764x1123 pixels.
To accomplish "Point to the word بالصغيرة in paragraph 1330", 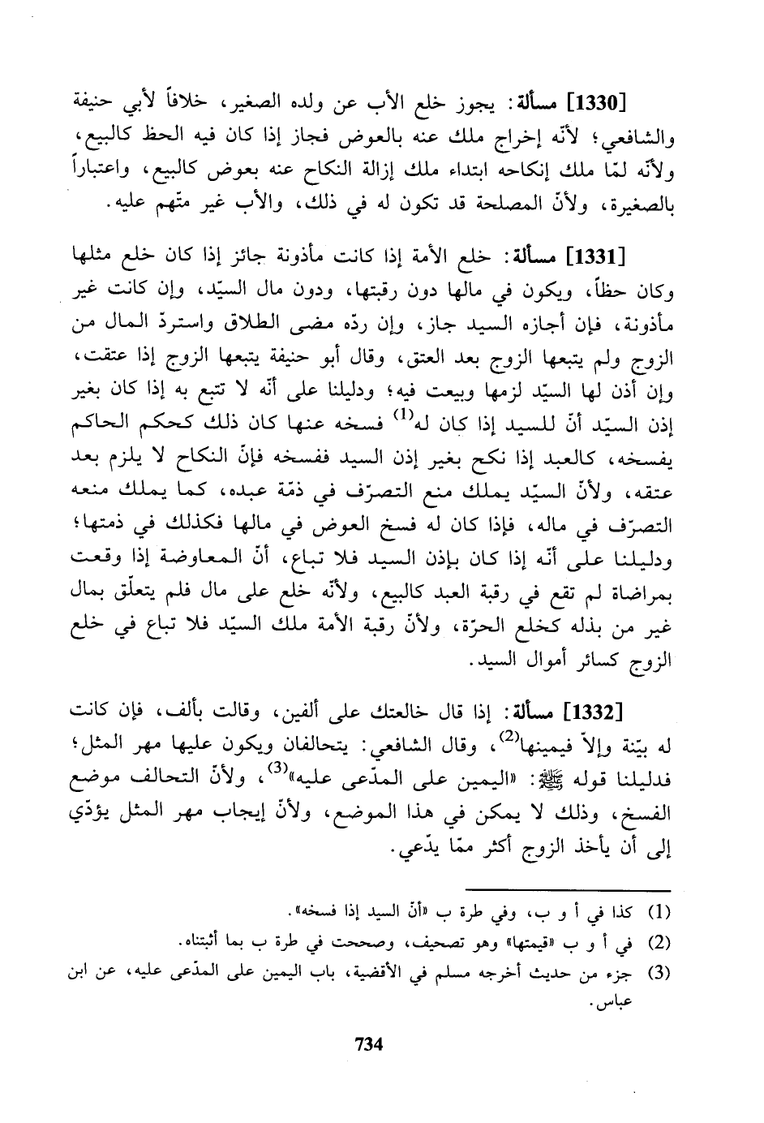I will (643, 207).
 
